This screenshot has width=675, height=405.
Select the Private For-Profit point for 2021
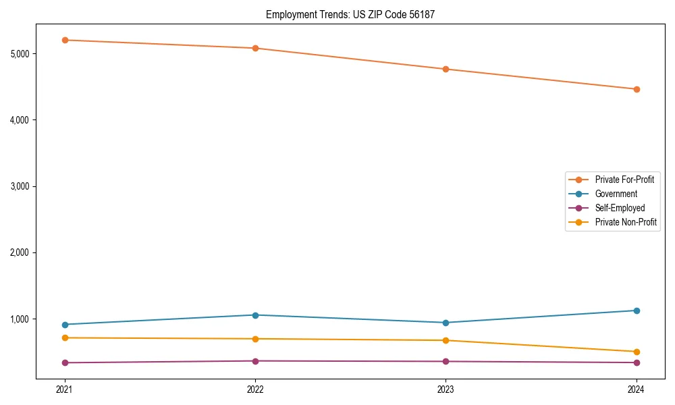65,40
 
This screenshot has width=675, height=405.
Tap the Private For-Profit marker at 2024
636,89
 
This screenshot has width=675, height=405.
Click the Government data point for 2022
255,315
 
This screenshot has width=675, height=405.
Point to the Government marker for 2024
636,310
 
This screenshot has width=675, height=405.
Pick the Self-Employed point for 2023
446,361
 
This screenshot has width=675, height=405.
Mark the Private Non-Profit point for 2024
636,352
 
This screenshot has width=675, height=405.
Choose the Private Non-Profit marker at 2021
65,337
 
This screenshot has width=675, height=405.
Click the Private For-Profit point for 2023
446,69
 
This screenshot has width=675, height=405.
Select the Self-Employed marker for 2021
65,362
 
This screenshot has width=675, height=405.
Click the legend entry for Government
616,194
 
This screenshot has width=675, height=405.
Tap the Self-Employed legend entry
620,208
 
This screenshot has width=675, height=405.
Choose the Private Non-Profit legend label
626,222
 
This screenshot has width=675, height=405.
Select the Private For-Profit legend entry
624,180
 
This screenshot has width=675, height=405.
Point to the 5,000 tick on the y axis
23,53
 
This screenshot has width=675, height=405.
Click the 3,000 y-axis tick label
23,186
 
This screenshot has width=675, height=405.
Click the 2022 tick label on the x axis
255,389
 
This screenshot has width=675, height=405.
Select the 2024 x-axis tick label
636,389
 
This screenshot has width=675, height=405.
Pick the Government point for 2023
446,323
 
